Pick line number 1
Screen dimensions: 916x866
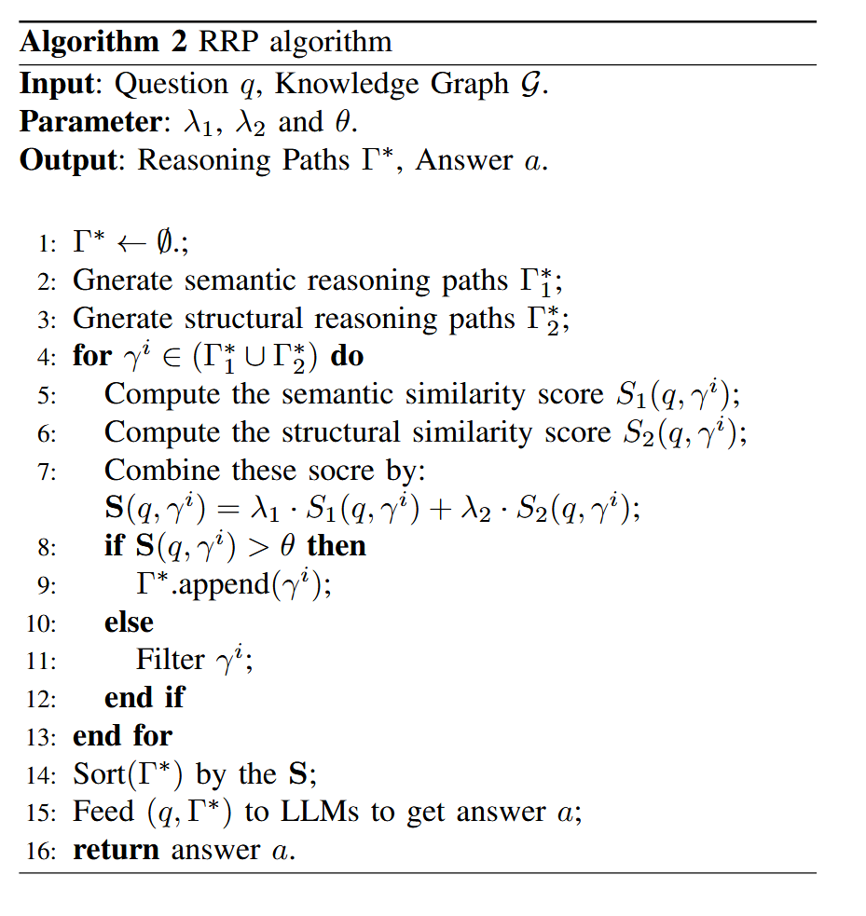tap(46, 245)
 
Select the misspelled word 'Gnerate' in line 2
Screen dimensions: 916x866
tap(124, 281)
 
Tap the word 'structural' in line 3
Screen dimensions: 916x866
tap(240, 319)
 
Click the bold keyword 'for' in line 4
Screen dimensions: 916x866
tap(91, 356)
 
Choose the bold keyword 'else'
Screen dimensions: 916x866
tap(129, 622)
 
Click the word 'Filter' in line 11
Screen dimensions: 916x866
tap(170, 660)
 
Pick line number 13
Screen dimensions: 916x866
tap(43, 737)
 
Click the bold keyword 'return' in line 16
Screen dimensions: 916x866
tap(117, 850)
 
